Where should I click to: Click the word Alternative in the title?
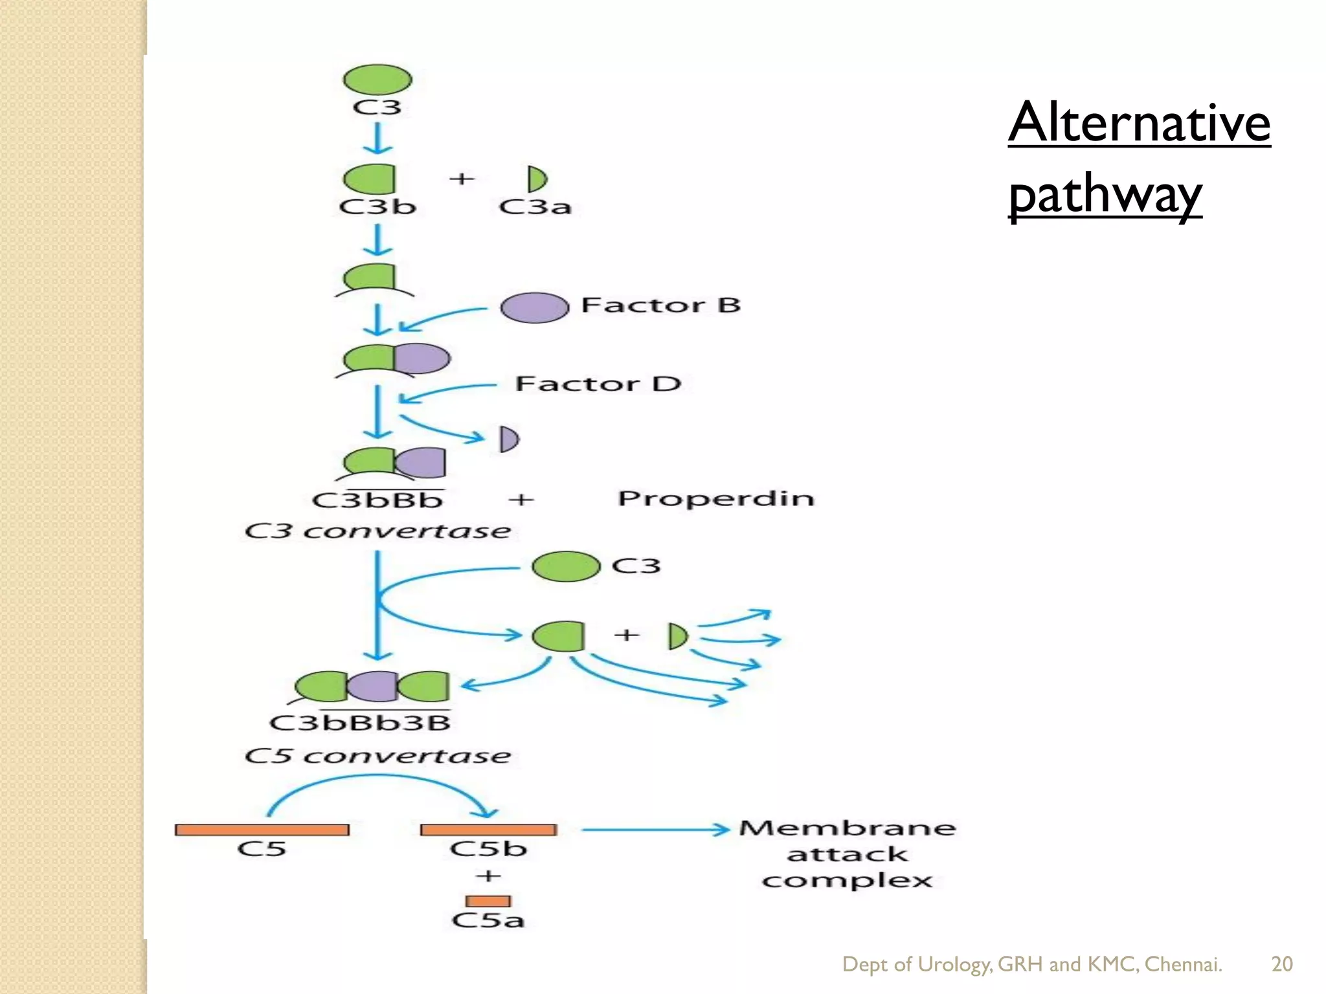(1139, 123)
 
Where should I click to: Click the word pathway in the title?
(1105, 194)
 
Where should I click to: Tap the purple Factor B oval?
(534, 307)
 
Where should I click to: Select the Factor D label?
(598, 384)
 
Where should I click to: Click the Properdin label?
(715, 498)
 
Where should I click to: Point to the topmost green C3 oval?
(377, 80)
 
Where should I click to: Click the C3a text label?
(535, 207)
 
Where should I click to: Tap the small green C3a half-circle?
(536, 179)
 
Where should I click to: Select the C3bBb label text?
(377, 500)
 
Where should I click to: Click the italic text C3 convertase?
(377, 531)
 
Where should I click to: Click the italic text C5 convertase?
(377, 756)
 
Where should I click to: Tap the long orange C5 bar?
(262, 830)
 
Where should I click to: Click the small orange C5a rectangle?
(488, 901)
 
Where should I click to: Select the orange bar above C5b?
(488, 830)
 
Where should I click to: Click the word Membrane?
(847, 828)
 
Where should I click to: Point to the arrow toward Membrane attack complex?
(654, 830)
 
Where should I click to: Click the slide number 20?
(1281, 964)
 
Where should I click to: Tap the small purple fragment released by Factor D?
(509, 439)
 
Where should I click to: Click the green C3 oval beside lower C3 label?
(566, 566)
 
